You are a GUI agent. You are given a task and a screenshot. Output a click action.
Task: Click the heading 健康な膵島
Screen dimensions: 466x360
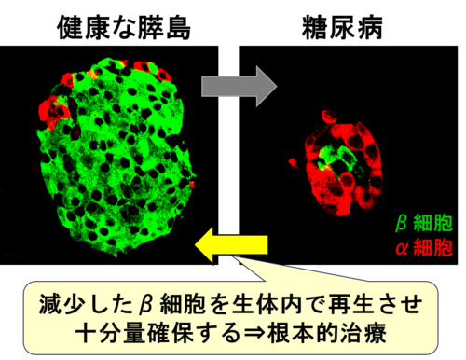tap(124, 28)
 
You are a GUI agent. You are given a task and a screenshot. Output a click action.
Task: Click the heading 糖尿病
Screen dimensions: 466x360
tap(342, 28)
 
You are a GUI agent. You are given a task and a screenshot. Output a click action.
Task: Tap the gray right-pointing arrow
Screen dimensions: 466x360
tap(239, 86)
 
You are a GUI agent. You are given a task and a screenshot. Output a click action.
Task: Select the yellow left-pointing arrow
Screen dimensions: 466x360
tap(231, 244)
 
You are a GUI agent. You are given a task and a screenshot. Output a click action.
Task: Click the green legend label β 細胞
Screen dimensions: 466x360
tap(424, 223)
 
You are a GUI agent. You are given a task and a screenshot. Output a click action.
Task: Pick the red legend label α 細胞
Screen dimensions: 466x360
tap(424, 247)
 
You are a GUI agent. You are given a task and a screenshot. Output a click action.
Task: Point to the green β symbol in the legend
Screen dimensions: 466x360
tap(402, 223)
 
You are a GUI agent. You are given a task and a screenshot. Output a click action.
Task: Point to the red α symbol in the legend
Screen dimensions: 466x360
tap(402, 248)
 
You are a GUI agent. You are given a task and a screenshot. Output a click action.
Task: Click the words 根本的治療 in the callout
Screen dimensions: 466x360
tap(327, 333)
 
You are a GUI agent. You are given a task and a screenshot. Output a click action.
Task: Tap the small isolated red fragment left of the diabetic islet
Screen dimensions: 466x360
tap(293, 162)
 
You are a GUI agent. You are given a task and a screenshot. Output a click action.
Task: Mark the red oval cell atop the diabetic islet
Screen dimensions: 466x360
tap(329, 117)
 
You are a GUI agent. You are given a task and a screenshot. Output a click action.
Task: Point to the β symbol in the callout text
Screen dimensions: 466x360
tap(146, 305)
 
